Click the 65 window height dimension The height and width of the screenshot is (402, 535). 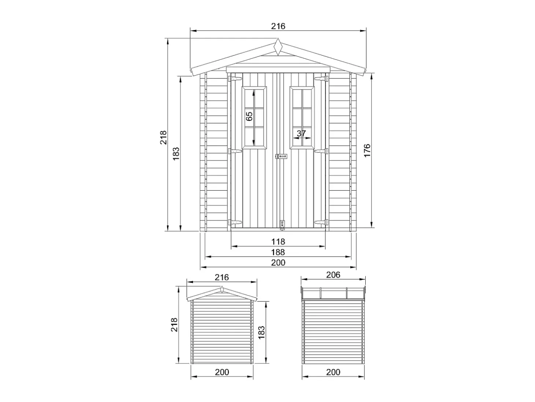(x=249, y=116)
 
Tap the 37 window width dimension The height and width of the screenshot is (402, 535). (x=301, y=133)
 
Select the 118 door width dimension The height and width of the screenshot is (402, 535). (x=278, y=241)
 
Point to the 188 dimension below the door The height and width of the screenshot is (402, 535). (x=278, y=252)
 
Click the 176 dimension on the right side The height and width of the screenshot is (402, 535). (x=367, y=150)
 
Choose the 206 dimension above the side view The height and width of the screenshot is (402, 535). (x=333, y=275)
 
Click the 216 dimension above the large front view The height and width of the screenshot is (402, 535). (x=278, y=26)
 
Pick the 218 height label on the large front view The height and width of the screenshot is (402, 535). (x=163, y=137)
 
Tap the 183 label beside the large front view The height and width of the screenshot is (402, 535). (x=176, y=153)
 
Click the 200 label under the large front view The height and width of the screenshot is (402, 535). (x=278, y=263)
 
